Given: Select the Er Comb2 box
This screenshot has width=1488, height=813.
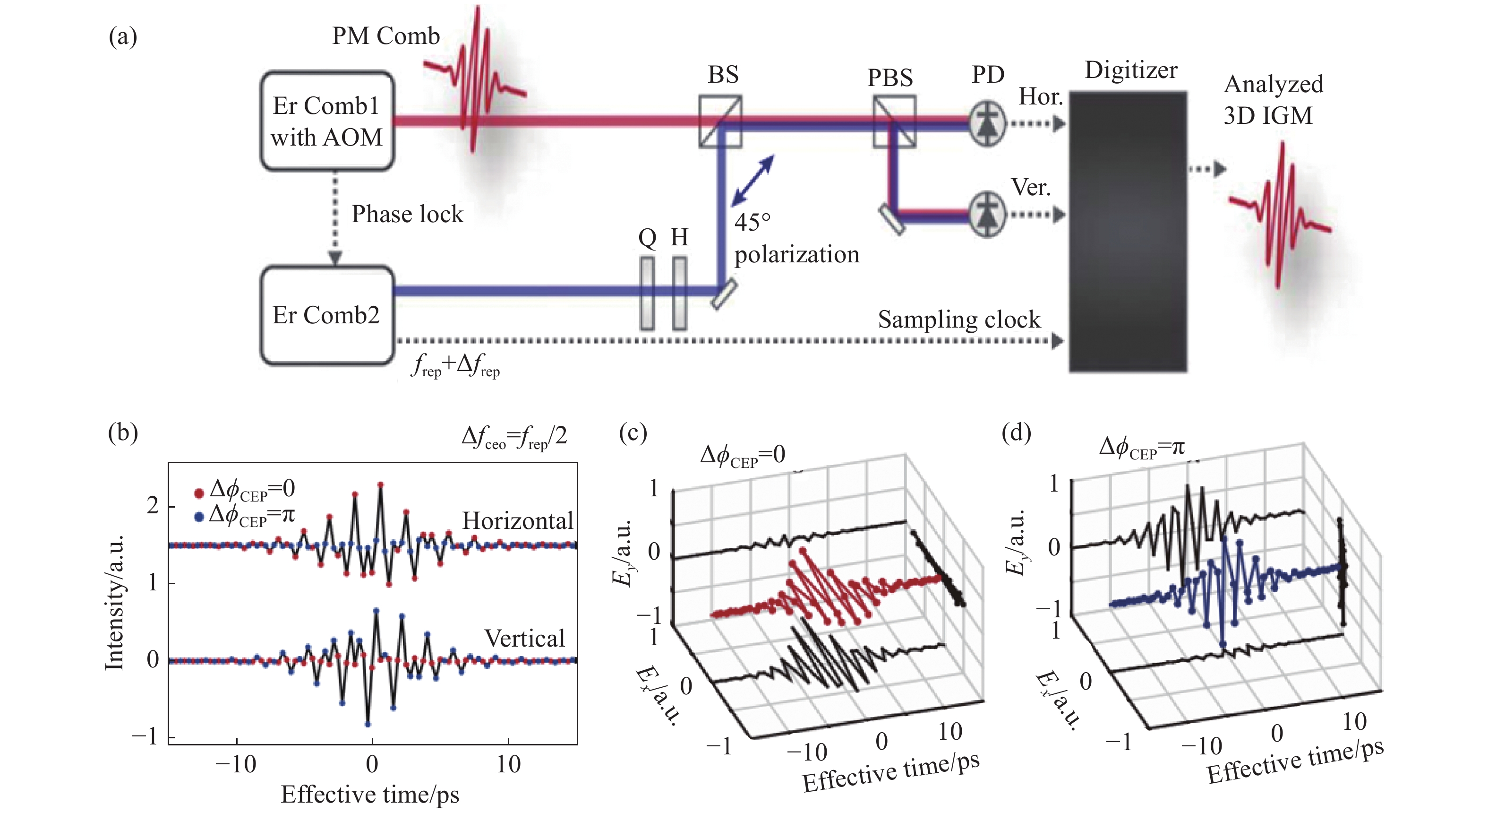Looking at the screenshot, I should [327, 315].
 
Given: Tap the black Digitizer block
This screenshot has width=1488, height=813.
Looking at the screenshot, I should [1128, 231].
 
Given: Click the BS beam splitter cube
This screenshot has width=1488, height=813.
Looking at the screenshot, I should [720, 121].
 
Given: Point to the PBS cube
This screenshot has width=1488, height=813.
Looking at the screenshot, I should [894, 121].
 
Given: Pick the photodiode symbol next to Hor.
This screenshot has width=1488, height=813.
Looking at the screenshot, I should [987, 123].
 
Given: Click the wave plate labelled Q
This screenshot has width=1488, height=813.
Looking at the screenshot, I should [648, 294].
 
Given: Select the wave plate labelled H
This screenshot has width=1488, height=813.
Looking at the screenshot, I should [680, 294].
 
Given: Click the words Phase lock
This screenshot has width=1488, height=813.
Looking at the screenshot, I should [407, 214].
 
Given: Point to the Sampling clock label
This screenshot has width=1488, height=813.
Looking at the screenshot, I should [959, 320].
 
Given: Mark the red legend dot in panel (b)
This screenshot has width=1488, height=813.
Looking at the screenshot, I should [199, 493].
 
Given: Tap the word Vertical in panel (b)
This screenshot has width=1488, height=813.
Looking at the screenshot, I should [524, 639].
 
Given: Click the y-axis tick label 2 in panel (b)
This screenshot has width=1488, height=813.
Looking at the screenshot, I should [153, 506].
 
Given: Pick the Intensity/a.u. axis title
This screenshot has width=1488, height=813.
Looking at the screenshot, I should [114, 603].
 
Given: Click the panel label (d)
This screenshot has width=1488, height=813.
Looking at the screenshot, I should [1016, 432].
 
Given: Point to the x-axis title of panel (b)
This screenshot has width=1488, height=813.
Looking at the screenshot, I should [370, 795].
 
